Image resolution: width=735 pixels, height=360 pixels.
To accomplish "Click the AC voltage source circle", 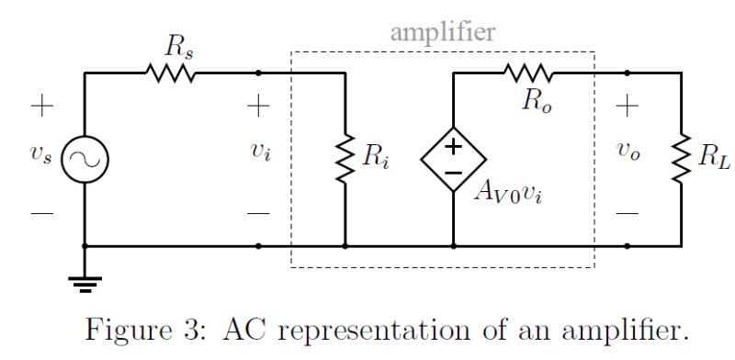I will coord(85,160).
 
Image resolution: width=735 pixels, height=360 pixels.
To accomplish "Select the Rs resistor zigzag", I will coord(171,73).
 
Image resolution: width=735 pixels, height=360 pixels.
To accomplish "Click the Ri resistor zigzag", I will coord(344,160).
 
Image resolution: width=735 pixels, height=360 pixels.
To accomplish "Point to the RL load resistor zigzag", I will coord(681,160).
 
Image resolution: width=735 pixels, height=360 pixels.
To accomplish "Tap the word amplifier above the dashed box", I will coord(443,32).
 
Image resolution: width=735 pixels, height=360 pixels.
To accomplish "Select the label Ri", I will coord(373,158).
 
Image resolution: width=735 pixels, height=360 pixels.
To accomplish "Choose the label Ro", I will coord(537,101).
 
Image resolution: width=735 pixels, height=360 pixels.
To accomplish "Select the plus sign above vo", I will coord(627,106).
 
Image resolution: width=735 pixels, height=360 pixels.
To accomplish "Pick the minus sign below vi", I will coord(259,213).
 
